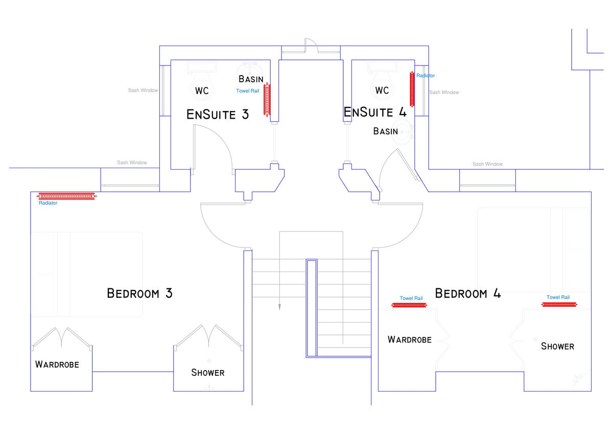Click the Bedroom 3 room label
(x=139, y=293)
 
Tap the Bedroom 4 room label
(x=467, y=293)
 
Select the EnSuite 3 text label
(x=218, y=114)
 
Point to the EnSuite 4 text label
(x=375, y=112)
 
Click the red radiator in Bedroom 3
(x=66, y=196)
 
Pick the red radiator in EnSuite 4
(x=412, y=89)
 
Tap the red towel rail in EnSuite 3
(x=266, y=99)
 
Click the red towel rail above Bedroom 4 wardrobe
(x=409, y=305)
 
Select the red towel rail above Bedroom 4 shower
(x=559, y=305)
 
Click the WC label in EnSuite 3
(x=202, y=91)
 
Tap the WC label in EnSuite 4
(x=382, y=90)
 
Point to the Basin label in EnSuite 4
(x=385, y=131)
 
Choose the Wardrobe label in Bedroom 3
(x=57, y=364)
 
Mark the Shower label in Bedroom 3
(x=207, y=373)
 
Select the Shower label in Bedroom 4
(x=557, y=346)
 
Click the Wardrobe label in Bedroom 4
(x=409, y=339)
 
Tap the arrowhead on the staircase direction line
(x=279, y=307)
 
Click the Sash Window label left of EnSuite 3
(x=143, y=90)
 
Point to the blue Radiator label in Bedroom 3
(x=48, y=203)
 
